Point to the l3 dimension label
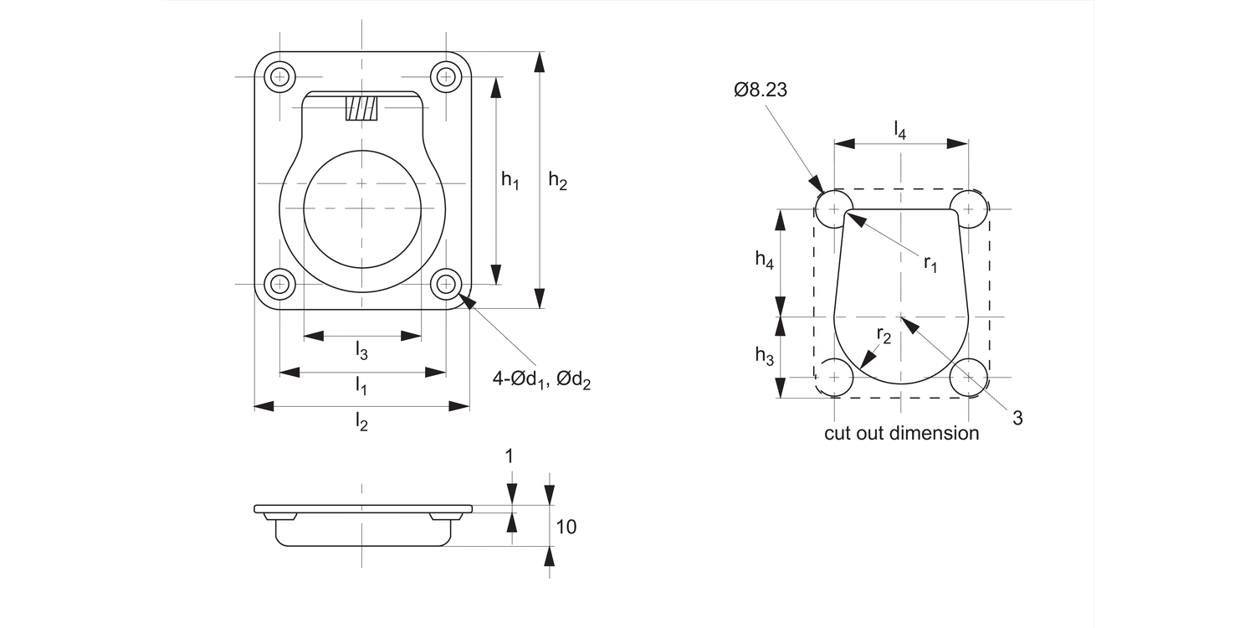(361, 350)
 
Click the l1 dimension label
(361, 385)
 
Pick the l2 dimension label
(361, 421)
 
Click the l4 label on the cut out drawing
(899, 129)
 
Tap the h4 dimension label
(764, 260)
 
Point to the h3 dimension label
(764, 356)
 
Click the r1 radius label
(930, 263)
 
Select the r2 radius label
(884, 335)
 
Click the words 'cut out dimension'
(901, 433)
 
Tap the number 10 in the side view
(566, 527)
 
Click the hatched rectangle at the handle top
(362, 108)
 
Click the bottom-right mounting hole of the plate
(446, 284)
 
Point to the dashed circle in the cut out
(834, 377)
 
